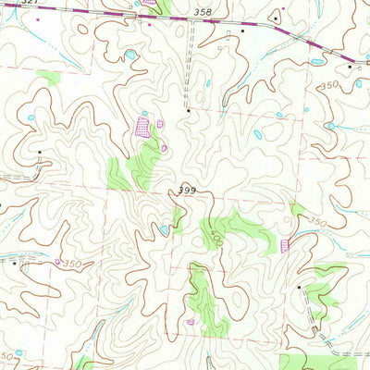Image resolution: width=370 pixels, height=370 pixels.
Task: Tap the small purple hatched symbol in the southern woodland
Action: [x=191, y=322]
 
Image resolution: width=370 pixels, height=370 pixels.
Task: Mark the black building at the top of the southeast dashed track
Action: [x=300, y=288]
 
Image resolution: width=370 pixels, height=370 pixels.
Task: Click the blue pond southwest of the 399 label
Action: [x=165, y=230]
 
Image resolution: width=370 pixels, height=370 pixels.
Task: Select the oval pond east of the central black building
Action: [x=258, y=135]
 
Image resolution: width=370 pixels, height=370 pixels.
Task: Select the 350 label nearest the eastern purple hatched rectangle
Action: [x=318, y=223]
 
